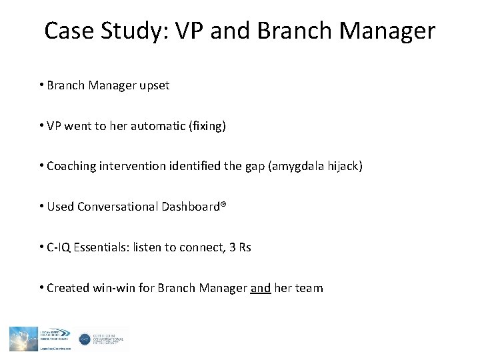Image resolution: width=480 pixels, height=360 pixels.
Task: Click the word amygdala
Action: (x=306, y=167)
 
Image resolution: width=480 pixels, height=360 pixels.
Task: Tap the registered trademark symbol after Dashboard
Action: (x=225, y=205)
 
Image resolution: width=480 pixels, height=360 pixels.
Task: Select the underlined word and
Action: (x=261, y=287)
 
